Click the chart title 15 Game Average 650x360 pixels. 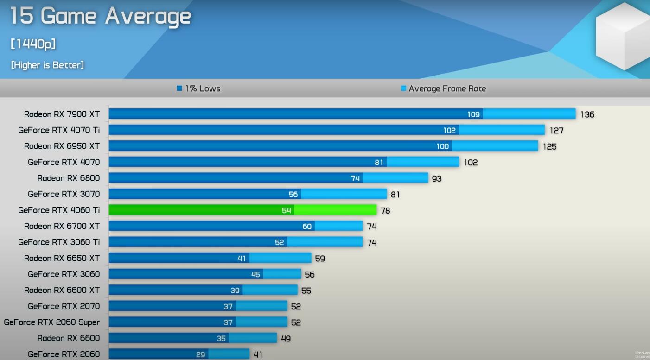100,16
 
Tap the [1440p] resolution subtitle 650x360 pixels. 33,44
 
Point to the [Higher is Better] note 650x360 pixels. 47,65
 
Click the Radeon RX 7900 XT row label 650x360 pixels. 62,114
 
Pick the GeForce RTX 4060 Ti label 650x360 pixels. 59,210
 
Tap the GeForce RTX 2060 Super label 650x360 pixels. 52,322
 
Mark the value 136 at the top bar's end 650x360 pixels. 587,114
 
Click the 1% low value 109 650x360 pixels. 473,114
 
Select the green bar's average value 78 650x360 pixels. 385,210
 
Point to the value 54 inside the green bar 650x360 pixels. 286,210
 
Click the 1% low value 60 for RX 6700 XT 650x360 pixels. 307,227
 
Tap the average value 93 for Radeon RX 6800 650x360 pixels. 437,178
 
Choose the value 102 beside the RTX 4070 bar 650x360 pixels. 471,163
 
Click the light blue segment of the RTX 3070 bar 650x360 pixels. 344,194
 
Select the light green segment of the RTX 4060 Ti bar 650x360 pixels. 335,210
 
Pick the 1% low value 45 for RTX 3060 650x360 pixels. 255,274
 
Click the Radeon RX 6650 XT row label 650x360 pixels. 62,258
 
